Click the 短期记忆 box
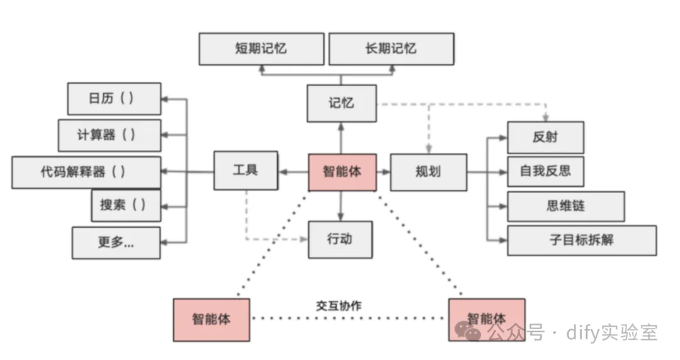click(261, 49)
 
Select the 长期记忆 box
click(392, 49)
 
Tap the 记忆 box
click(342, 103)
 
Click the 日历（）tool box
click(114, 98)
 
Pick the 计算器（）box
click(110, 135)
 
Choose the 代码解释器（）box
click(86, 172)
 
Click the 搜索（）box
click(126, 205)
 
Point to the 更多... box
click(116, 242)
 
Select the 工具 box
click(246, 171)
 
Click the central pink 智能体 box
click(342, 172)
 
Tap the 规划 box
click(429, 172)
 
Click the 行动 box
click(340, 239)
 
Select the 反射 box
click(545, 137)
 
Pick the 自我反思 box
click(545, 171)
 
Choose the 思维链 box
click(566, 206)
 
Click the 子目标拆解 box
click(582, 240)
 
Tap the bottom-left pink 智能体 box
click(211, 320)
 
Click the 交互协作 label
click(339, 306)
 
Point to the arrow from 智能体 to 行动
click(341, 206)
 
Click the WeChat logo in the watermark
click(467, 332)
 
